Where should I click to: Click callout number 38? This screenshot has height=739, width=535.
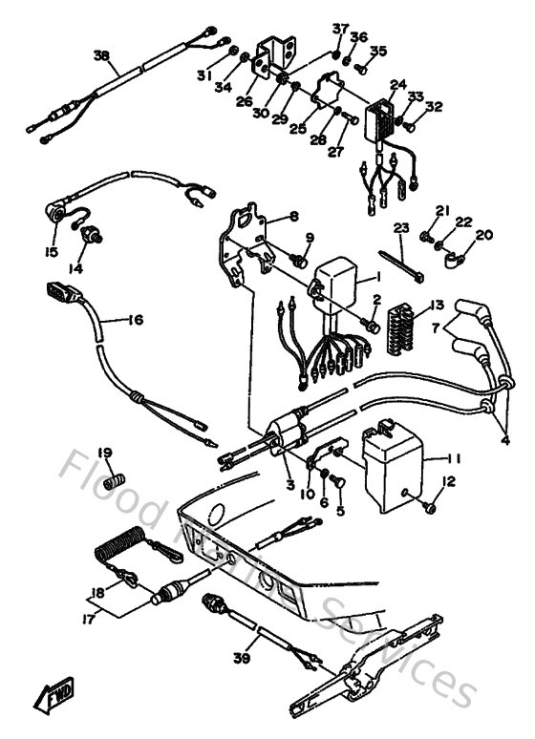click(x=101, y=55)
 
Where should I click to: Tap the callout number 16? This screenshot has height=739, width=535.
click(x=136, y=320)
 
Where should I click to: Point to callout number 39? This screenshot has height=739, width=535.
click(x=240, y=658)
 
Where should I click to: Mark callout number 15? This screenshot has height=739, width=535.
click(x=50, y=252)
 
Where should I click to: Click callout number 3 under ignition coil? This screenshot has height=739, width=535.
click(x=289, y=485)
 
